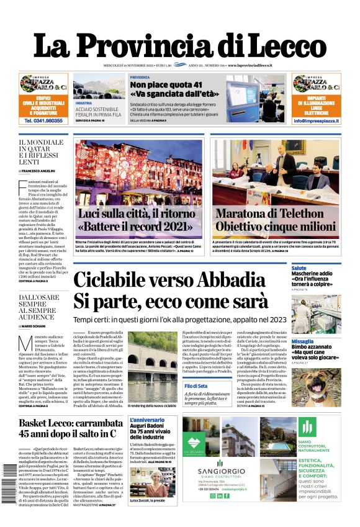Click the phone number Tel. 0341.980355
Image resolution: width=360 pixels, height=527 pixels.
[43, 121]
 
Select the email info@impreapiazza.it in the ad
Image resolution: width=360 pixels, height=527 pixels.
[316, 121]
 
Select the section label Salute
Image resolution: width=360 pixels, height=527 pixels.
[299, 268]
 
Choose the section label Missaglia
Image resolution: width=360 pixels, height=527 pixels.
[303, 341]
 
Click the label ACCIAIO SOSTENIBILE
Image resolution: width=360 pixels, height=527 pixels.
[97, 109]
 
